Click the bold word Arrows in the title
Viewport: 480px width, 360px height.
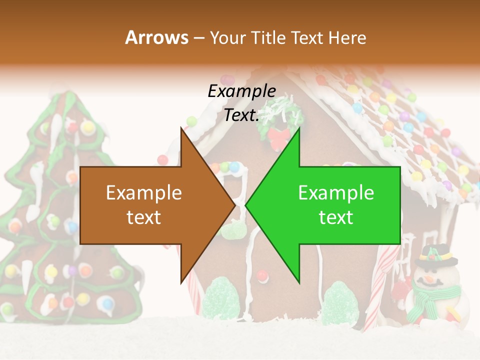pos(156,37)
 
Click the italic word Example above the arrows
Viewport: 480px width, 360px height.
pos(241,91)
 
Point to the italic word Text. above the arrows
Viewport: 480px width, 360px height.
pos(241,115)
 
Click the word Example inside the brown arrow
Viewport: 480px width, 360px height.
pos(144,193)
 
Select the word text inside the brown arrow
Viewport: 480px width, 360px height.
pos(144,217)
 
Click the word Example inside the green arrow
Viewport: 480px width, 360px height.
pos(336,193)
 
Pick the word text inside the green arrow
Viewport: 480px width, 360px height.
pos(336,217)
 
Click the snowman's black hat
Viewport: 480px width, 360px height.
pos(435,255)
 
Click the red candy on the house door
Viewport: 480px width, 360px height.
pos(261,274)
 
